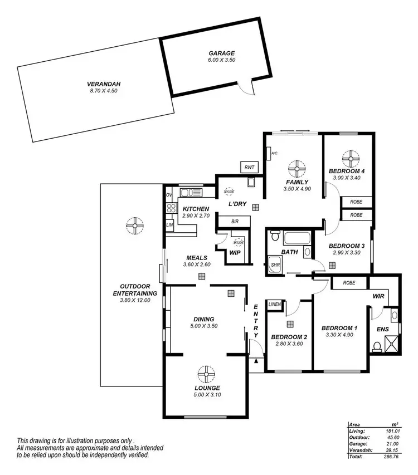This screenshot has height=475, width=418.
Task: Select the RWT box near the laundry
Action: tap(249, 167)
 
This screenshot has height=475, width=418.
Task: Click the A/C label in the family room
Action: tap(274, 153)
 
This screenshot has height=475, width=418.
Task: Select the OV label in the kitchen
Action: tap(169, 195)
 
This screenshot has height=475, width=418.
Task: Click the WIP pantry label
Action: tap(235, 252)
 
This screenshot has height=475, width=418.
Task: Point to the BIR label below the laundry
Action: tap(235, 222)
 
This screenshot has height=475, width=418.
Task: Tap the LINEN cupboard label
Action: tap(275, 305)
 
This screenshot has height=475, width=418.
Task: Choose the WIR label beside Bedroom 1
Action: tap(379, 297)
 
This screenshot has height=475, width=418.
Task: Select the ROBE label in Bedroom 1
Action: tap(349, 283)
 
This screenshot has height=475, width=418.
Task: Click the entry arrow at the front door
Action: tap(256, 362)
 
